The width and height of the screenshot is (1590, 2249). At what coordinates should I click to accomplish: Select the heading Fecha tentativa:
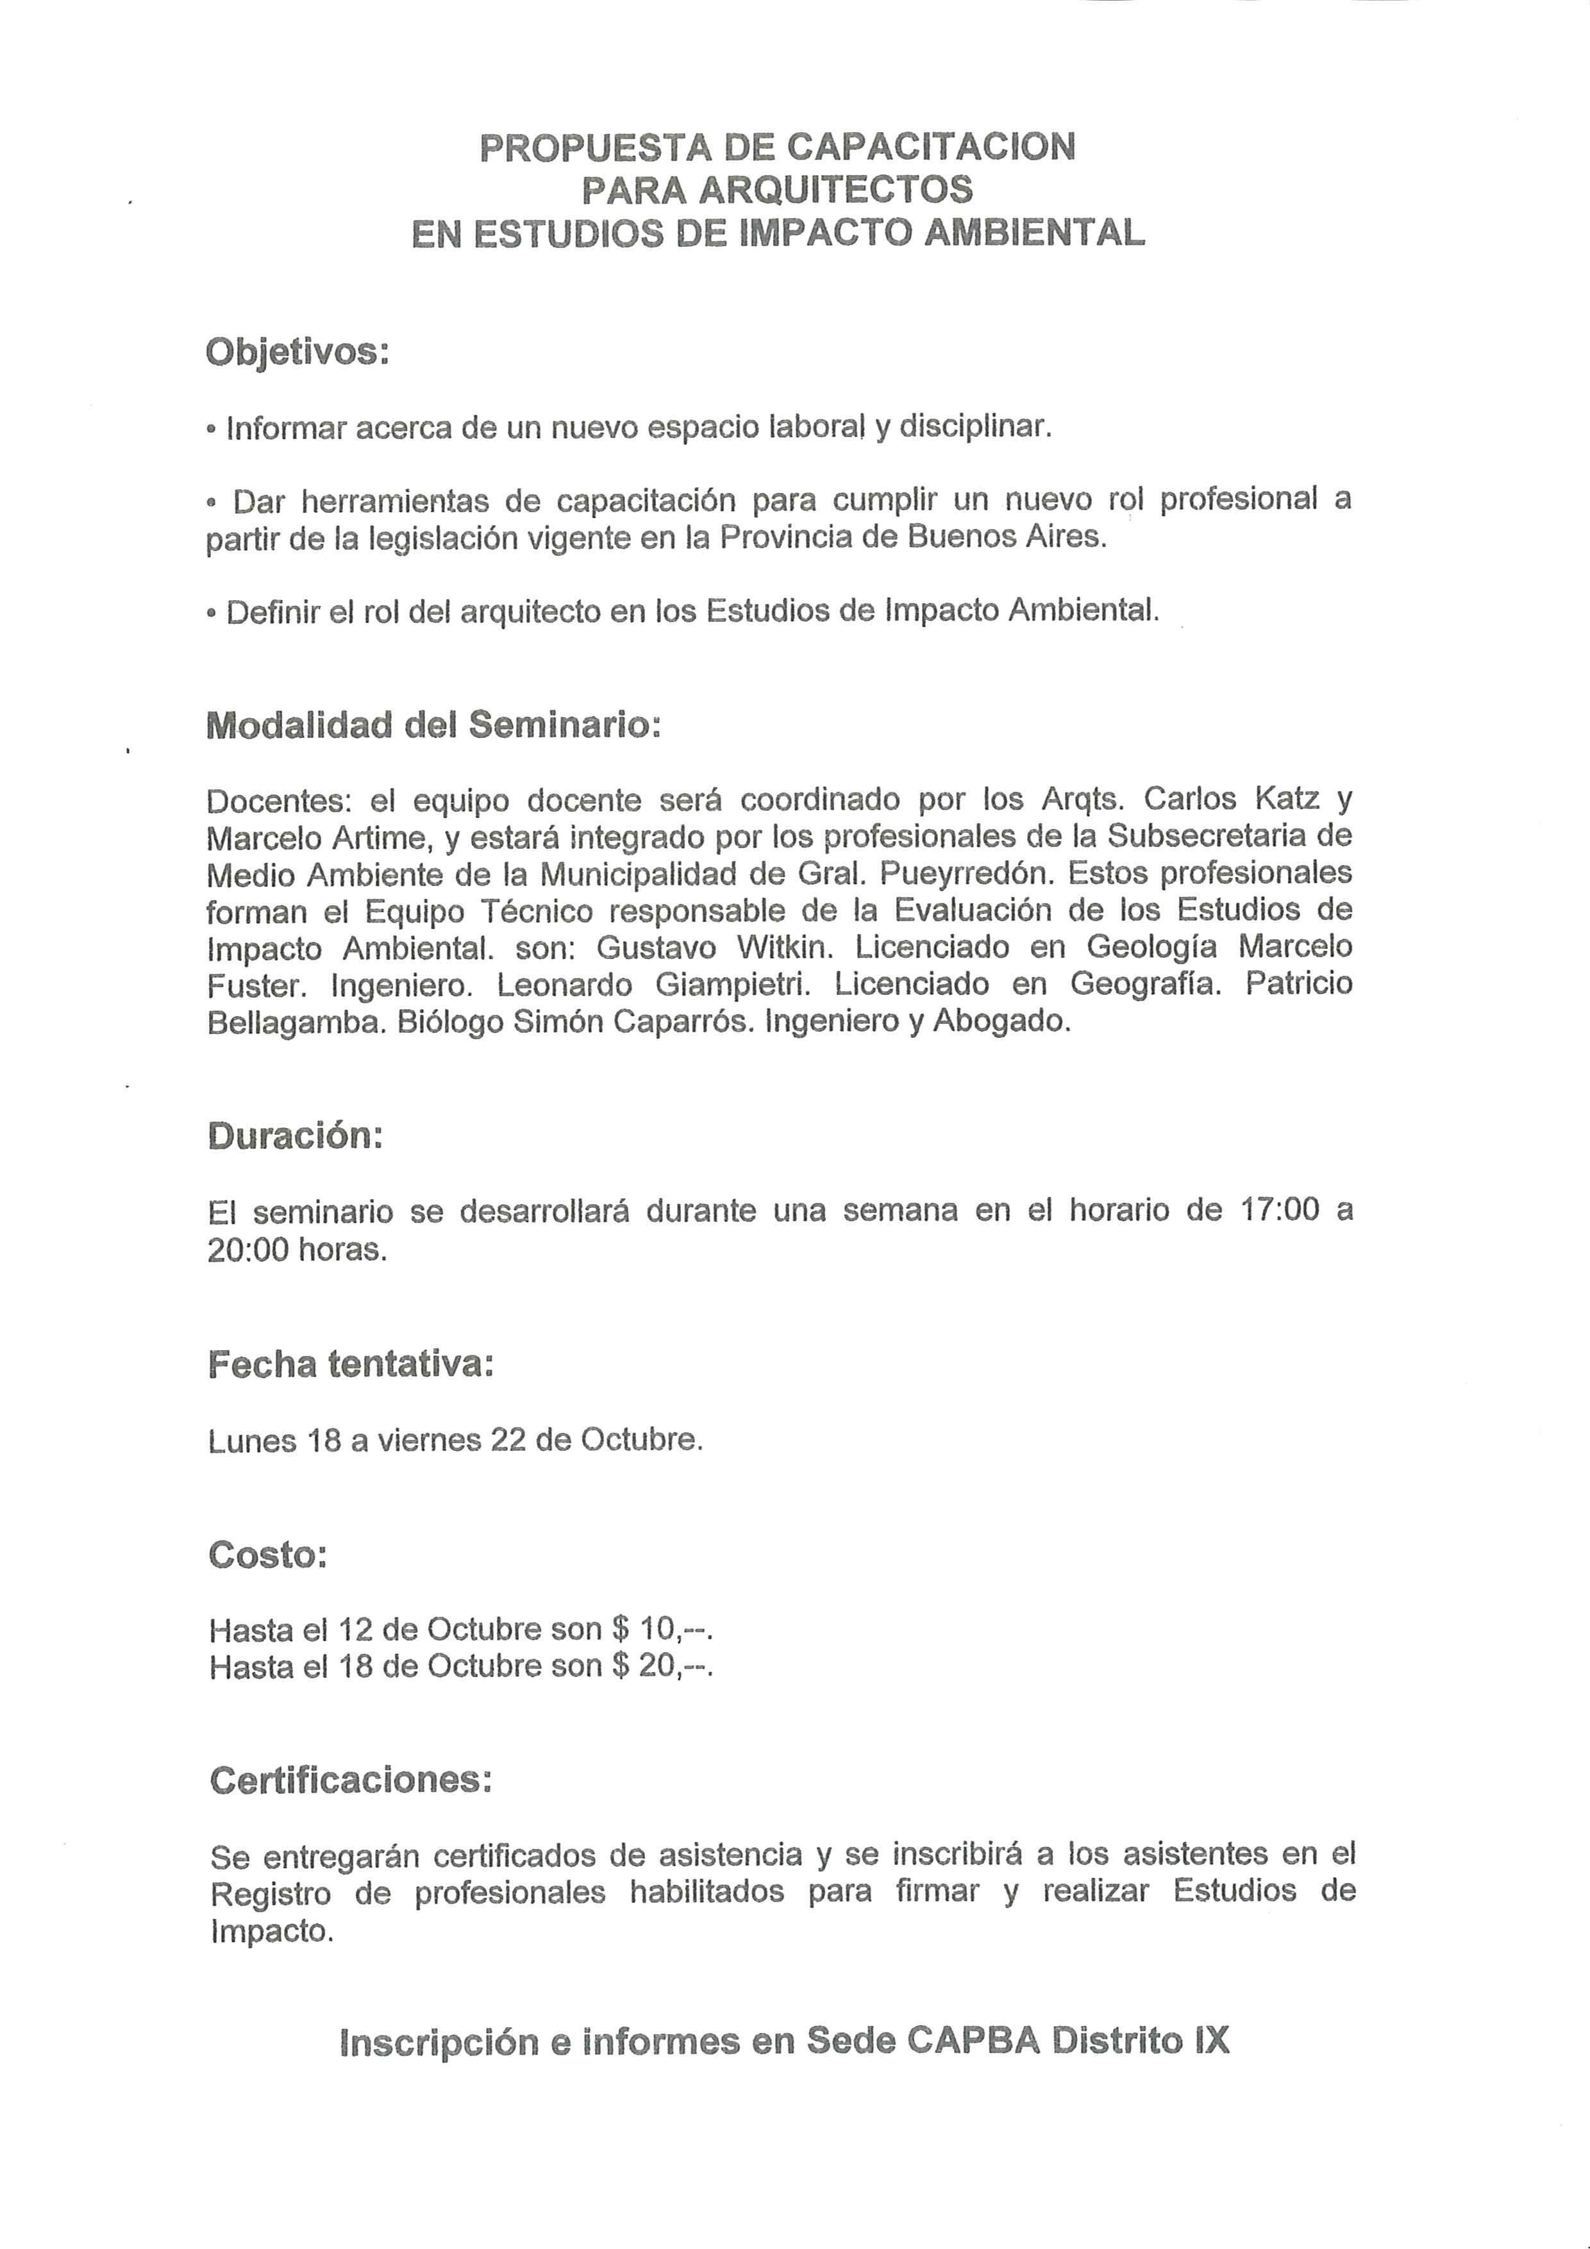351,1364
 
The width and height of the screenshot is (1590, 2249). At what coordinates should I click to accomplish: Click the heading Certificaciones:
351,1780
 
